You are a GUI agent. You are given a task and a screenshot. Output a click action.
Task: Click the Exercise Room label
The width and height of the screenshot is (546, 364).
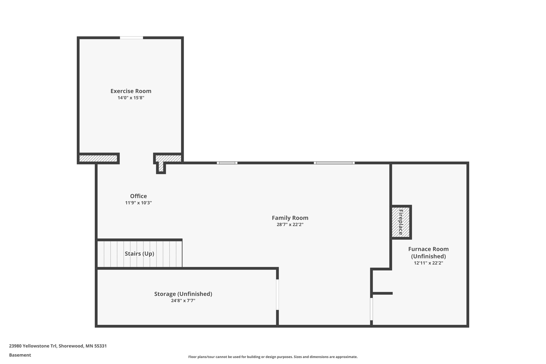click(131, 91)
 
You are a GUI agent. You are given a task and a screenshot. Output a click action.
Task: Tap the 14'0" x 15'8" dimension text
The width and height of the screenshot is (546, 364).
click(131, 98)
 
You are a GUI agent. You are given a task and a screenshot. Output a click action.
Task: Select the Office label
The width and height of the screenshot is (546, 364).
click(138, 196)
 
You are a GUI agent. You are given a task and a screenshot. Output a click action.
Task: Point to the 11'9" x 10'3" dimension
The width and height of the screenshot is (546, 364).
click(138, 203)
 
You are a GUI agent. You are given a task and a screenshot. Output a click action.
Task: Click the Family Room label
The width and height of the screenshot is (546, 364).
click(290, 218)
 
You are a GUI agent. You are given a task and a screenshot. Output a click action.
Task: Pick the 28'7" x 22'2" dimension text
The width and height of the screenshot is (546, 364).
click(290, 225)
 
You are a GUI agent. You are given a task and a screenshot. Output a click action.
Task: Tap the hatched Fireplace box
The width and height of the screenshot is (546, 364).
click(401, 222)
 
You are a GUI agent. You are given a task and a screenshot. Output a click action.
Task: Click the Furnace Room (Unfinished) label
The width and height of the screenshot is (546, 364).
click(428, 253)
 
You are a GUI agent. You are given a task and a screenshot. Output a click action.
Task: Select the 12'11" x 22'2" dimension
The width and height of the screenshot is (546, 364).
click(428, 263)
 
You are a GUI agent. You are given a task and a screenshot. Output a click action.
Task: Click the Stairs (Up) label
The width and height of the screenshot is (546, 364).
click(139, 254)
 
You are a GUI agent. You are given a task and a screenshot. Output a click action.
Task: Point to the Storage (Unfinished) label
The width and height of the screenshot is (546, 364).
click(183, 294)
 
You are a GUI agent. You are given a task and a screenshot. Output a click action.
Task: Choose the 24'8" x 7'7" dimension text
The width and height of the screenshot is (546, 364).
click(183, 301)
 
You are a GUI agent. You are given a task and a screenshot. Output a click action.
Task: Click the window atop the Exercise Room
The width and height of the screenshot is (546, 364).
click(131, 38)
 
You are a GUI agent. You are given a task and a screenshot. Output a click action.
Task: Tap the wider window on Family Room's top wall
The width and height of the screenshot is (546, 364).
click(334, 163)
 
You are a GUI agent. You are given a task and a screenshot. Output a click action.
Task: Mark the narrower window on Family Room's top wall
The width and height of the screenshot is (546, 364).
click(227, 163)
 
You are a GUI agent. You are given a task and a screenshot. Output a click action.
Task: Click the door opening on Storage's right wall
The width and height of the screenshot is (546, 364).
click(277, 294)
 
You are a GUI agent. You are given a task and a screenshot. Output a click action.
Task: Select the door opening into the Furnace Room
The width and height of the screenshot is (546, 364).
click(371, 309)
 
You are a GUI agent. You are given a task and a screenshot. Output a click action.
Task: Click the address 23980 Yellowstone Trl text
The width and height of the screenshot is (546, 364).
click(58, 346)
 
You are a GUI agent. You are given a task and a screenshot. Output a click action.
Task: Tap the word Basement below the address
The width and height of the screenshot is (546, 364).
click(20, 355)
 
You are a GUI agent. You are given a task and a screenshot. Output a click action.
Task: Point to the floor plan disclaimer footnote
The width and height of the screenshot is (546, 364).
click(273, 357)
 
